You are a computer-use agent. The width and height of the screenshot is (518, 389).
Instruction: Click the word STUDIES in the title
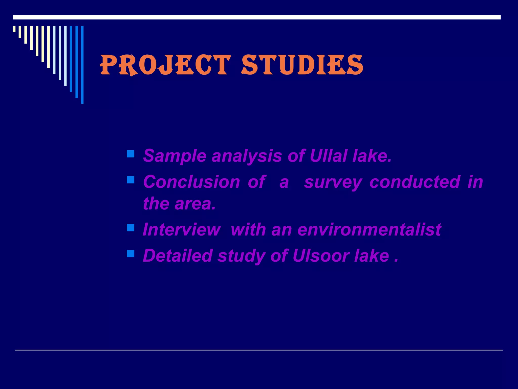pos(302,65)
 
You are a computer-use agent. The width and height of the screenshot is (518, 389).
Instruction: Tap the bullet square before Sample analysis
pos(131,154)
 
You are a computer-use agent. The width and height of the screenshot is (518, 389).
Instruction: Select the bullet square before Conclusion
pos(131,180)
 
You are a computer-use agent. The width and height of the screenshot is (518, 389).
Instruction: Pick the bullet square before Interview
pos(131,228)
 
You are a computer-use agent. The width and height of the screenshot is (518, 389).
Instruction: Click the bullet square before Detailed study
pos(131,254)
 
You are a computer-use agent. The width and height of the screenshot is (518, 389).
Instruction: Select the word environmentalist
pos(369,229)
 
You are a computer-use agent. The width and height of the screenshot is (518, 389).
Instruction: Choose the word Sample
pos(175,156)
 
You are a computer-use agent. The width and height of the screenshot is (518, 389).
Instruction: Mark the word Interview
pos(181,229)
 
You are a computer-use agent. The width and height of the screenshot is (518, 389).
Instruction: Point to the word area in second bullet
pos(195,204)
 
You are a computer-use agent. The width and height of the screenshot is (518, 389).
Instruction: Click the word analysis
pos(247,156)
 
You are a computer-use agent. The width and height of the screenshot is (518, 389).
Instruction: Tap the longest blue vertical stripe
pos(82,65)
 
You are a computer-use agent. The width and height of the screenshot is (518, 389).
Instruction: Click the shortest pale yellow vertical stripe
pos(14,29)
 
